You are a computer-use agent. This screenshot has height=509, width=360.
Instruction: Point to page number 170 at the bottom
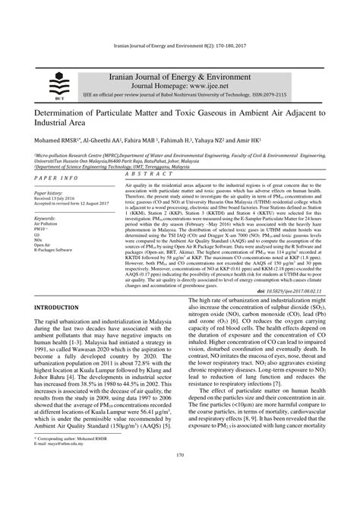click(180, 475)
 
